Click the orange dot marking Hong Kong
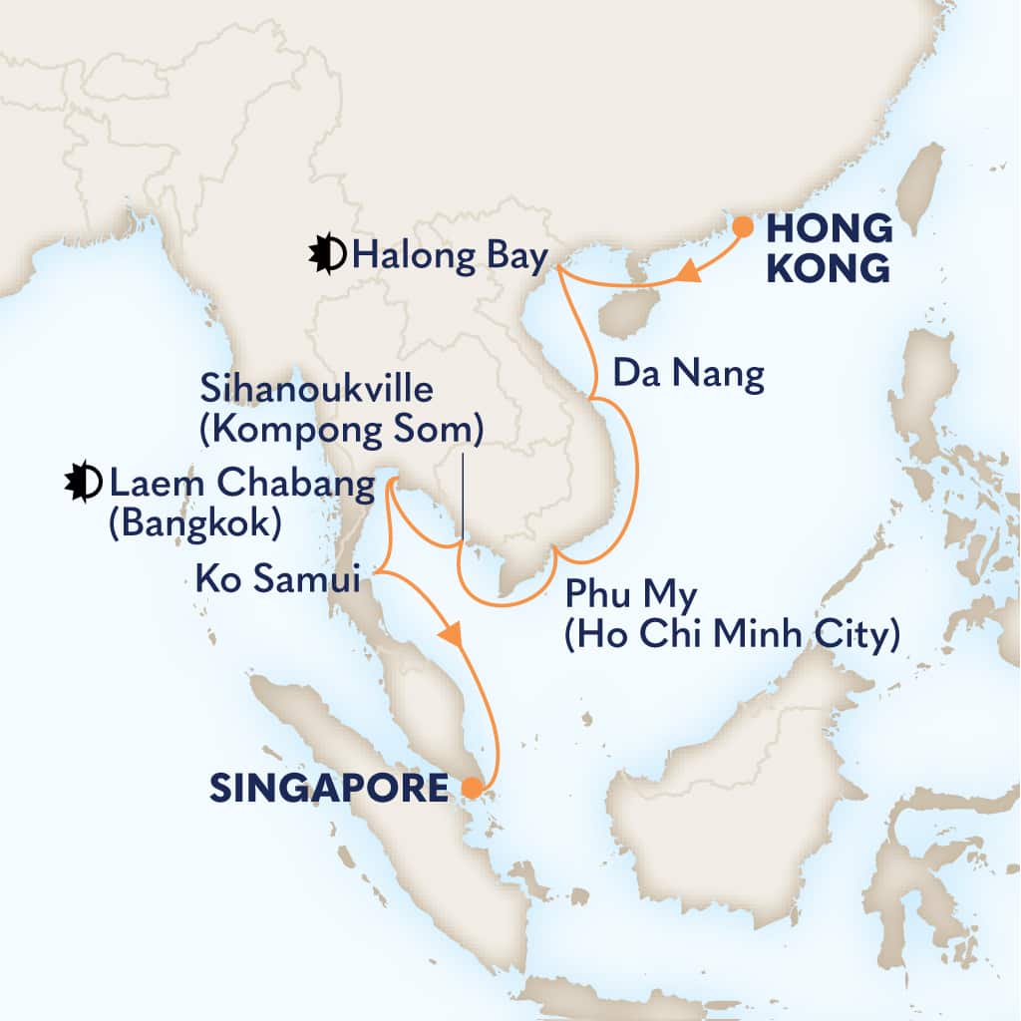coord(742,226)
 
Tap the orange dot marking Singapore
coord(471,789)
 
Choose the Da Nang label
coord(689,375)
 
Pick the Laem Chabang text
coord(242,486)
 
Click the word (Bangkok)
coord(194,522)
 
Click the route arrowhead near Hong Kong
coord(687,271)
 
